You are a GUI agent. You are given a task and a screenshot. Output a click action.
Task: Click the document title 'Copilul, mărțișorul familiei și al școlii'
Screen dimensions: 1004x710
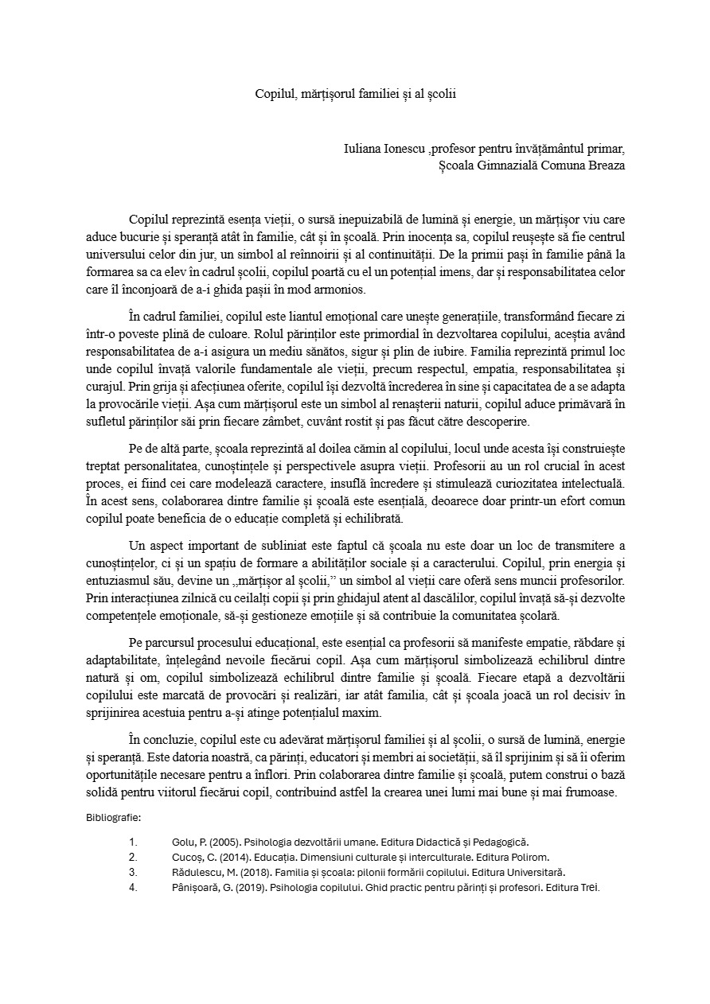pos(355,93)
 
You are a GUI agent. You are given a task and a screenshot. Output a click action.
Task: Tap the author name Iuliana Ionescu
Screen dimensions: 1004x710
pos(384,149)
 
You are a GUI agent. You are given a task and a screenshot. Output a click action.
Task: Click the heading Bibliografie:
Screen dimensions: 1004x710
pos(113,817)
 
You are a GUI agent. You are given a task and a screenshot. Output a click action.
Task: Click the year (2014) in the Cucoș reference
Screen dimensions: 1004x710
pos(231,857)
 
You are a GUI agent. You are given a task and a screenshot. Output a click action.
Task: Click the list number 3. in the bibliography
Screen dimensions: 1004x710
pos(133,872)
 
